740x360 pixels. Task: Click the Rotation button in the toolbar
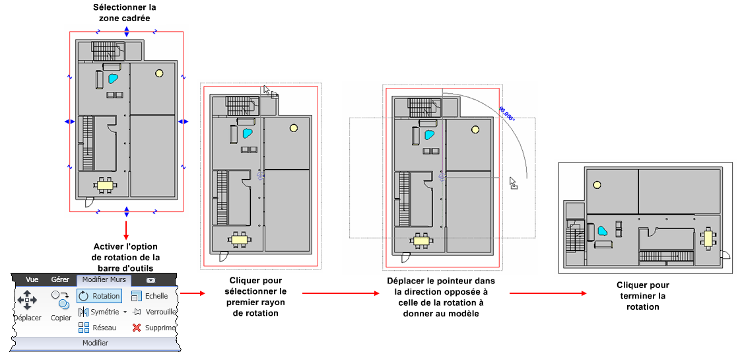[x=100, y=297]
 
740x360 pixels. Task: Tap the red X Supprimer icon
[x=137, y=328]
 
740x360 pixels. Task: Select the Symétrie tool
[x=100, y=312]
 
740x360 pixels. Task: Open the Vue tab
[x=32, y=280]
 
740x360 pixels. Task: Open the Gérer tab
[x=61, y=280]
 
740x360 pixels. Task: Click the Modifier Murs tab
[x=104, y=280]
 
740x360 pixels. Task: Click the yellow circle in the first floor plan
[x=159, y=73]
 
